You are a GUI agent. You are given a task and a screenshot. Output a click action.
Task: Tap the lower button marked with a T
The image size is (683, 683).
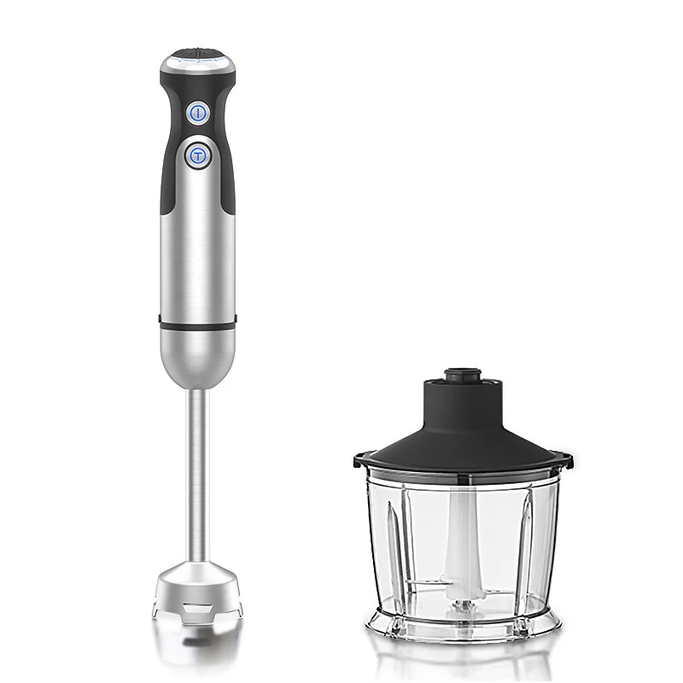(198, 155)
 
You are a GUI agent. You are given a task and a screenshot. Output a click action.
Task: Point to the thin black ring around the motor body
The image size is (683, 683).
(197, 324)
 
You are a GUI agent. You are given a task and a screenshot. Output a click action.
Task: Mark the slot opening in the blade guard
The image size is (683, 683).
(197, 608)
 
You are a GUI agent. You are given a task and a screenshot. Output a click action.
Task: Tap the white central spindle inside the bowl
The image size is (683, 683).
(461, 529)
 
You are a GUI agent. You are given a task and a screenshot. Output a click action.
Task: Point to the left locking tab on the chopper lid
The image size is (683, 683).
(357, 462)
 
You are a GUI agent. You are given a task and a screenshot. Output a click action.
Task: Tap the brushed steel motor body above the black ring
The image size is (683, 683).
(197, 256)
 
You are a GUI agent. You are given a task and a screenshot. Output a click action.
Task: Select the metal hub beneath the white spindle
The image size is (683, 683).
(462, 602)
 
